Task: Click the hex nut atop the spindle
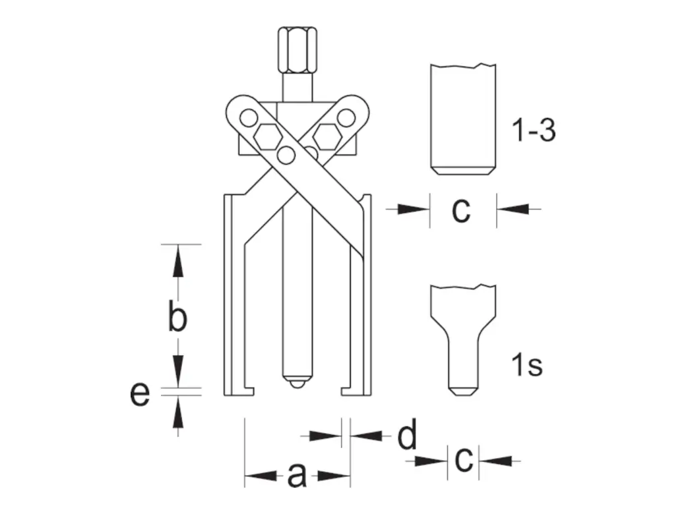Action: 297,51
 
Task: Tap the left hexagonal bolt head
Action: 268,136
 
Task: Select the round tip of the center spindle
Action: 297,384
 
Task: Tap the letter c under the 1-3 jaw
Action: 461,210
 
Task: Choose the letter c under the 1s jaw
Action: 464,459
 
